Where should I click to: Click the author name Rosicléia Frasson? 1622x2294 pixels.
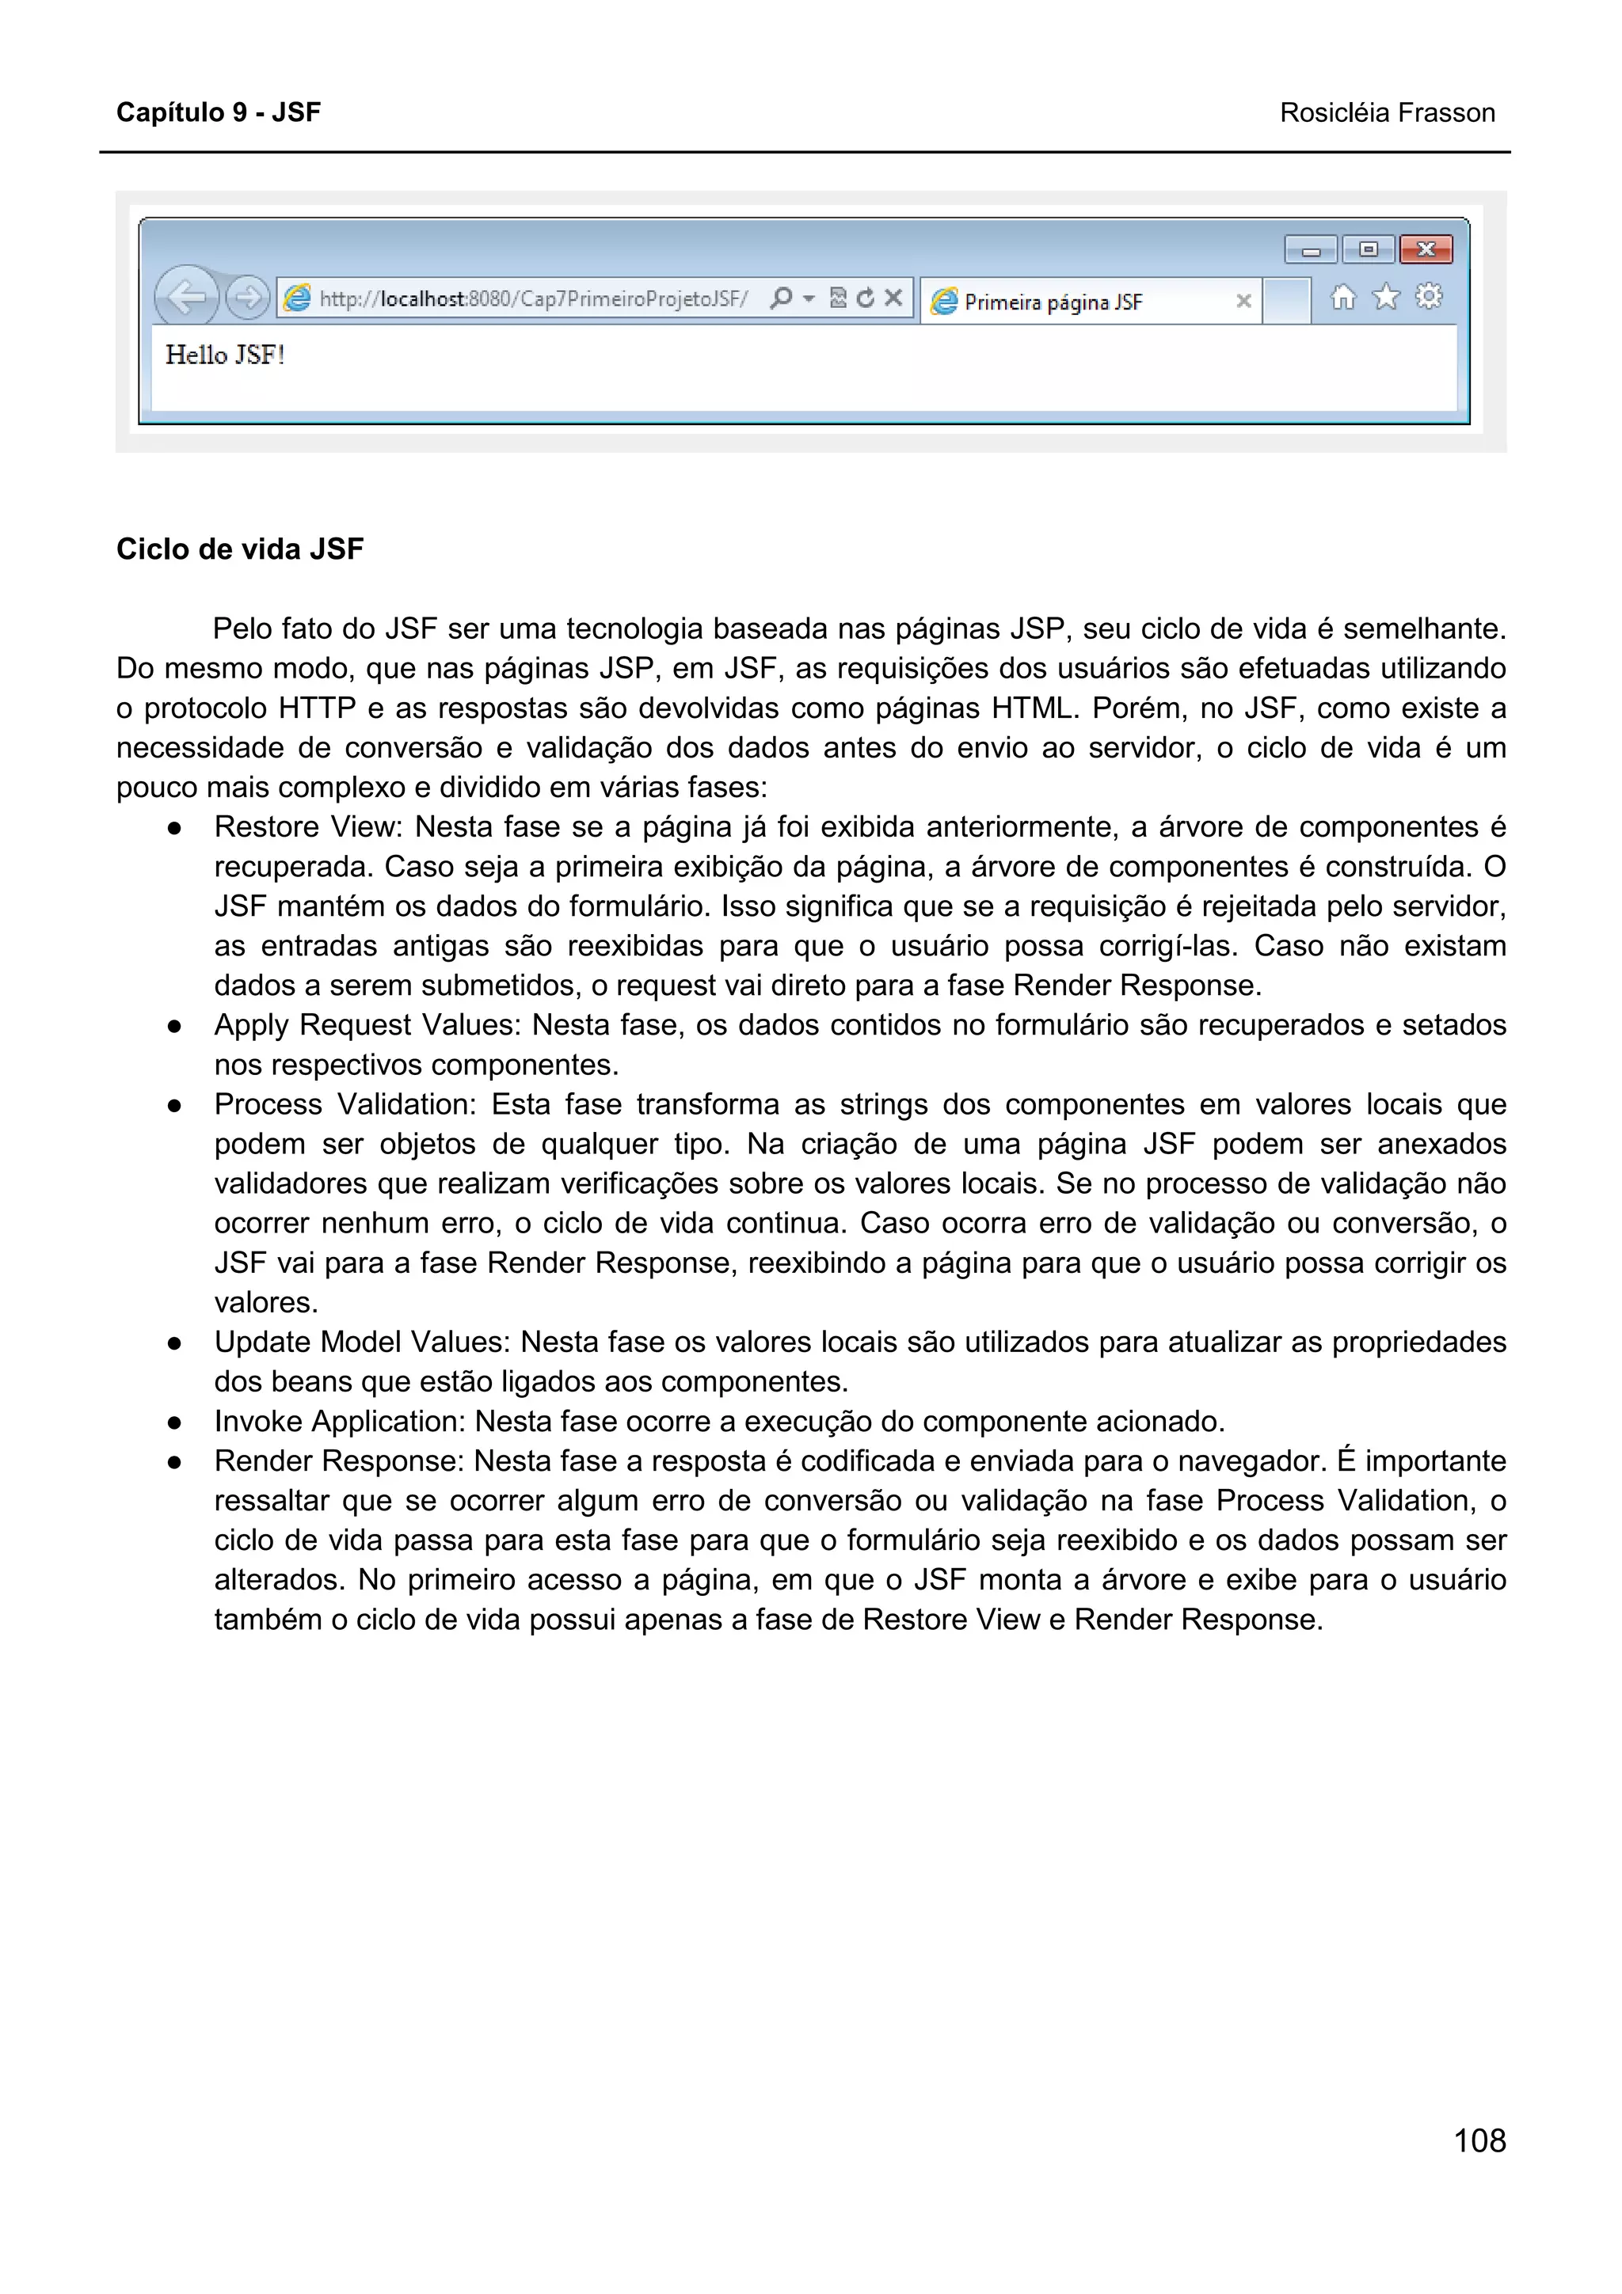point(1386,113)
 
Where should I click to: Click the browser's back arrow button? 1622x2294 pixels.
point(186,297)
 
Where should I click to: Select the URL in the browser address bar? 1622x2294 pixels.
point(533,298)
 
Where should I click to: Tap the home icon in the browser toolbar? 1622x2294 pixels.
point(1342,297)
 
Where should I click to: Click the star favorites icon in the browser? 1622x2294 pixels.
point(1385,297)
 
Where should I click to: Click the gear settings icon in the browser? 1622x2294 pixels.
point(1429,297)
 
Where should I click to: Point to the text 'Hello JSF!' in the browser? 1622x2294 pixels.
point(225,355)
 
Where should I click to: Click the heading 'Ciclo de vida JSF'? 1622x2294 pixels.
point(240,549)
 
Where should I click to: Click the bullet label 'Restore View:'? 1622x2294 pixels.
point(307,827)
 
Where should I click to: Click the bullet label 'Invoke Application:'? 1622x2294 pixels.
point(340,1422)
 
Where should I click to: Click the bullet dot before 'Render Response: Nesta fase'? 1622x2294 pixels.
point(175,1463)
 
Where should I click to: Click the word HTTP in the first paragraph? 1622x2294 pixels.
point(317,708)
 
